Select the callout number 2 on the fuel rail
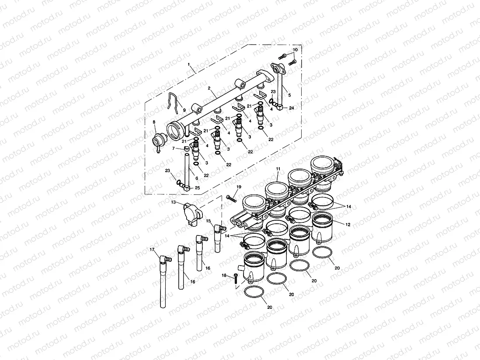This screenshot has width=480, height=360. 209,88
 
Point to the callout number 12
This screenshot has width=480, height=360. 348,225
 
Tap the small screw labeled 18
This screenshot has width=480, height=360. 236,276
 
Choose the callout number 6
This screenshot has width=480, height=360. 196,178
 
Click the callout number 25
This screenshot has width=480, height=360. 198,187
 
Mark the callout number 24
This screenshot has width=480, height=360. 291,107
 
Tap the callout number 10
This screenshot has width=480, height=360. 295,50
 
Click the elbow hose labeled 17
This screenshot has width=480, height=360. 164,280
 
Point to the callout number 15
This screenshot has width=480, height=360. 208,221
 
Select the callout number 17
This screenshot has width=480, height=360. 152,249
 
